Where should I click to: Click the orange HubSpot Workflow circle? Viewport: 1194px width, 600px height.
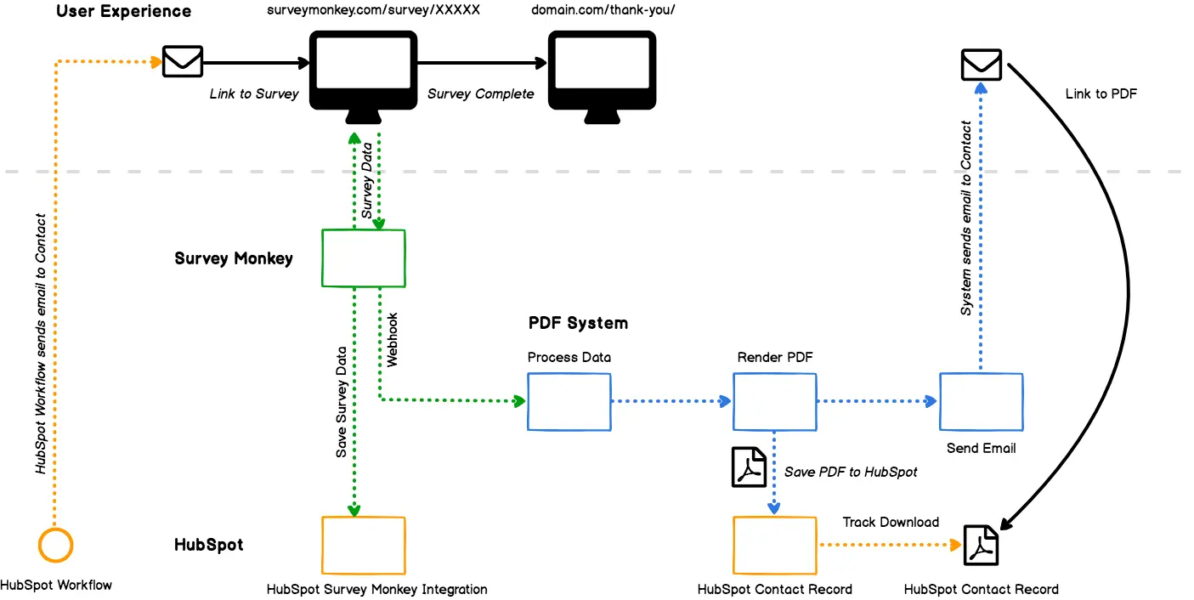coord(56,545)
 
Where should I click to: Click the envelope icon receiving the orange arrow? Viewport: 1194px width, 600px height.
coord(183,62)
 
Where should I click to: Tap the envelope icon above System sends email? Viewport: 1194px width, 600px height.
coord(981,65)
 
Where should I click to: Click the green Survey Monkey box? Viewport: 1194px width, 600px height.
coord(364,258)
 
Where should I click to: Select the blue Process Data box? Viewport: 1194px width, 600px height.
coord(569,402)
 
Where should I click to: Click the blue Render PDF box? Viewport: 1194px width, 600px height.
coord(774,402)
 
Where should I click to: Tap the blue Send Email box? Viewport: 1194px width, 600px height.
coord(981,402)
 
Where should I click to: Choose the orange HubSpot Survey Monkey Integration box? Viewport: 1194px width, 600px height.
coord(364,545)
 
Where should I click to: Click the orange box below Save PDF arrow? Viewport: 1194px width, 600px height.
coord(774,545)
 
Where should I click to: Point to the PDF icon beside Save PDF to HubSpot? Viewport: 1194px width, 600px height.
coord(749,467)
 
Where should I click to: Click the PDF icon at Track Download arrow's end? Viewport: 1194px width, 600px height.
coord(981,546)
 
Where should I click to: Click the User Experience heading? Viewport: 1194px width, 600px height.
coord(123,12)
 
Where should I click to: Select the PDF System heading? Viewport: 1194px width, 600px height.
coord(578,323)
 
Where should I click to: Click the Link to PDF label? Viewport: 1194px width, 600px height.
coord(1101,94)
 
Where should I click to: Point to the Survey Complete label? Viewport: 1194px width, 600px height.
coord(480,94)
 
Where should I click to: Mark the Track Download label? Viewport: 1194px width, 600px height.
coord(891,522)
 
